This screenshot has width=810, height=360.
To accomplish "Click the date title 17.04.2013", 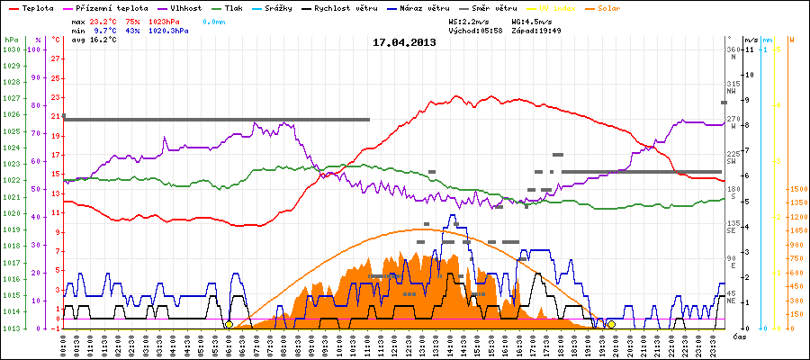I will click(404, 42).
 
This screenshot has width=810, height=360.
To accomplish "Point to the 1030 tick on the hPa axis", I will click(11, 49).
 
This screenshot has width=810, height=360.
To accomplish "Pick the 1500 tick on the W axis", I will click(796, 189).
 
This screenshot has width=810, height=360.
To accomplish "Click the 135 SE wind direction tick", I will click(733, 226).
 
